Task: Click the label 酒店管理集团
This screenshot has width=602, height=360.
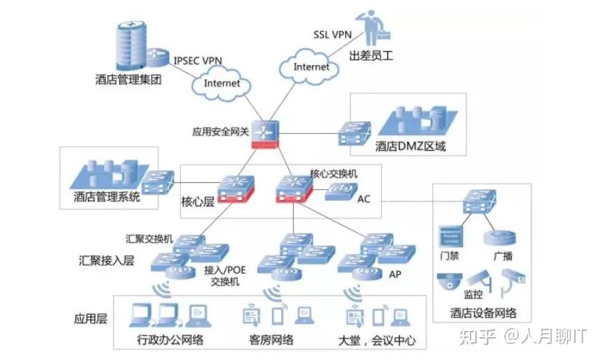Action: coord(128,79)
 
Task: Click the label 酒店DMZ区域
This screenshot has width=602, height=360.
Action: coord(410,146)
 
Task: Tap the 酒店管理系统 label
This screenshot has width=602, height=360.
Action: coord(107,197)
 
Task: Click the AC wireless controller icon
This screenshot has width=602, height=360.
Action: coord(340,192)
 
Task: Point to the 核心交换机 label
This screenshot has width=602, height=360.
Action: coord(333,173)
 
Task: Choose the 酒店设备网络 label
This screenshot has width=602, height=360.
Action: coord(483,312)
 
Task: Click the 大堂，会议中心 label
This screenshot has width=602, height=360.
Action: coord(377,340)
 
